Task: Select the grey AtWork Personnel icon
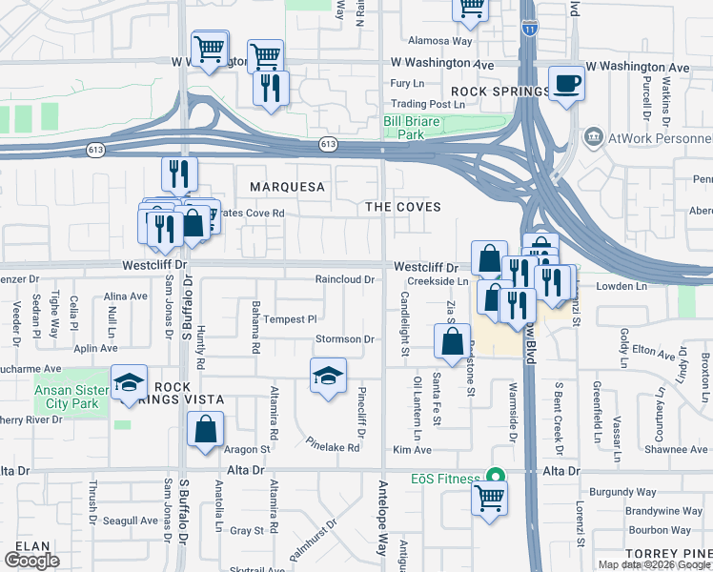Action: tap(596, 138)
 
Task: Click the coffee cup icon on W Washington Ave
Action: tap(566, 84)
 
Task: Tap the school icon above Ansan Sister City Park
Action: tap(129, 382)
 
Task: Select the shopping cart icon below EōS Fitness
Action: tap(489, 496)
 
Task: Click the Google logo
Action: tap(31, 561)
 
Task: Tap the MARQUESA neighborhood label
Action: tap(288, 186)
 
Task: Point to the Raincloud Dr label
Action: tap(343, 279)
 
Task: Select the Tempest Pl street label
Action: tap(290, 318)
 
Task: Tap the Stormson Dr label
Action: tap(344, 339)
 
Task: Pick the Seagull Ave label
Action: tap(131, 521)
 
